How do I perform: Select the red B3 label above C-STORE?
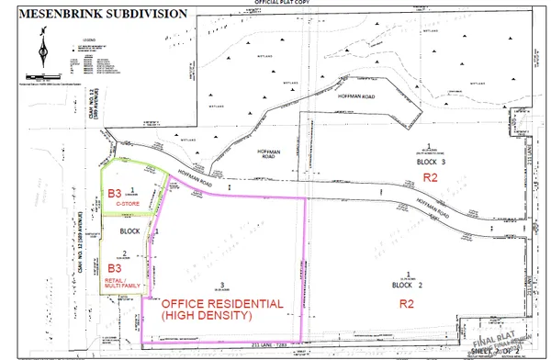coord(116,194)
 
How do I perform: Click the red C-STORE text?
coord(116,207)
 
